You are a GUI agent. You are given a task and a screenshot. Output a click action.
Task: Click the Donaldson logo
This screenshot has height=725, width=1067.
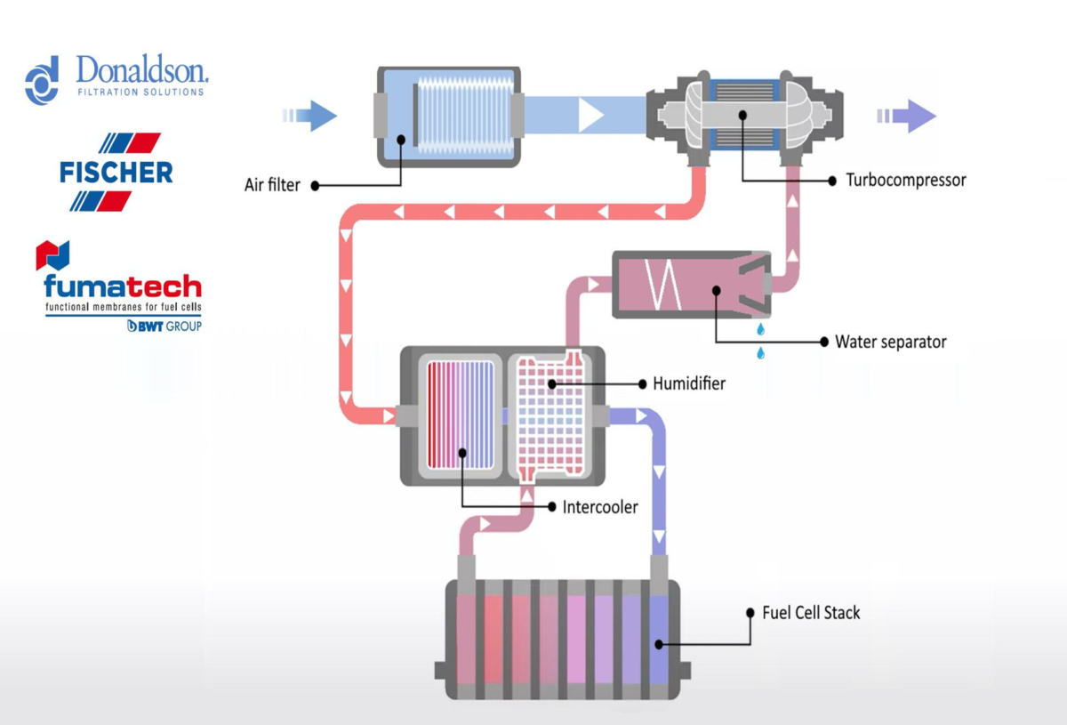point(116,78)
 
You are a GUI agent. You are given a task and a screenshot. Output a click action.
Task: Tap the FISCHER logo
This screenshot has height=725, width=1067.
point(116,172)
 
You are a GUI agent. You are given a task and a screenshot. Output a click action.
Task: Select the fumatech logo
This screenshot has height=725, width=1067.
point(119,286)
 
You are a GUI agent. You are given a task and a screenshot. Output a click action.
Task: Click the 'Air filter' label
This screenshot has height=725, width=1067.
point(272,185)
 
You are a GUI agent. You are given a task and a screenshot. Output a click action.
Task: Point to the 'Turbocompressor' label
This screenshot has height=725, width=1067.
point(905,181)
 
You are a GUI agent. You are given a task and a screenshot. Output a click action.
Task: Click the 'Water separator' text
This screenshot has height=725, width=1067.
point(890,342)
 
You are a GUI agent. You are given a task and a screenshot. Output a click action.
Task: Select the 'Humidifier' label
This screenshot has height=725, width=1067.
point(689,383)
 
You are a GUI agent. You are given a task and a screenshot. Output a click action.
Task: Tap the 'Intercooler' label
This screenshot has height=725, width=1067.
point(599,507)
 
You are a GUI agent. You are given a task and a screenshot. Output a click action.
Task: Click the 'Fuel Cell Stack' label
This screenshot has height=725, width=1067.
point(811,613)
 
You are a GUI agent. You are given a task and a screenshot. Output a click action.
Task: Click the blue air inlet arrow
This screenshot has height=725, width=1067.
point(309,116)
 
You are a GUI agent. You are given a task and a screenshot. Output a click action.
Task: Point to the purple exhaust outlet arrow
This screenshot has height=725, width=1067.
point(906,116)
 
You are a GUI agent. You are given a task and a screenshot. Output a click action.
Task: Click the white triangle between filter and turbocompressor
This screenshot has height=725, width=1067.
point(590,115)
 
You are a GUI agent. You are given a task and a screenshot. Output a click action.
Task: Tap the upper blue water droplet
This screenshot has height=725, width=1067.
point(761,329)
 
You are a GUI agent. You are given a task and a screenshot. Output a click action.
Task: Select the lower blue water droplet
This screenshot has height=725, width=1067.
point(761,353)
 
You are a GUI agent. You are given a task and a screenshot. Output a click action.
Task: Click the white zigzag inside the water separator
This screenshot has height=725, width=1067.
point(662,285)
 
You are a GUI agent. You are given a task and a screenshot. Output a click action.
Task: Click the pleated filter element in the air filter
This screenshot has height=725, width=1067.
point(465,116)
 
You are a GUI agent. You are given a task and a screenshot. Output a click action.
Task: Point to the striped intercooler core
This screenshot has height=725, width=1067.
point(461,415)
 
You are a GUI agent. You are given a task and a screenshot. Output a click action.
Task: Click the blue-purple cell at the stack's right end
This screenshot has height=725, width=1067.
point(659,639)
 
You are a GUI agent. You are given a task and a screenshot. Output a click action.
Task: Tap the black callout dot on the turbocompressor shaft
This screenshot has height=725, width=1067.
point(742,115)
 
